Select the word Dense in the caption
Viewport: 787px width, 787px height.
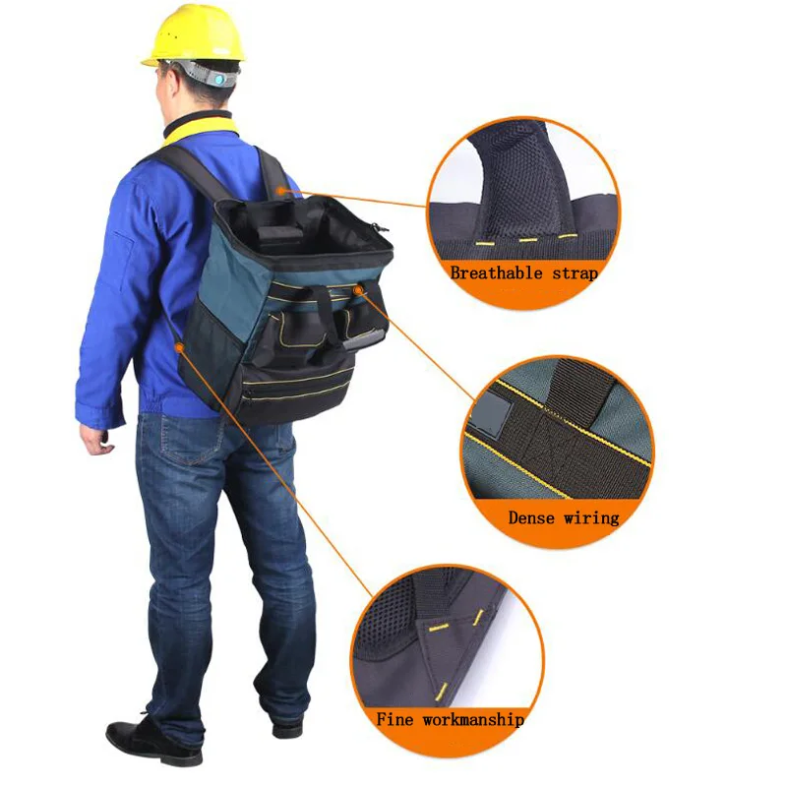532,516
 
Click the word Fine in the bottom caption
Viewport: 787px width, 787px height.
395,719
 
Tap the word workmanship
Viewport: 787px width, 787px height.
472,719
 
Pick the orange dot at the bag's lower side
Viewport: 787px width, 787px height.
178,345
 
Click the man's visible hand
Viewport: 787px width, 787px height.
96,440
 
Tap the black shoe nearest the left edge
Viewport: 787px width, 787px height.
139,740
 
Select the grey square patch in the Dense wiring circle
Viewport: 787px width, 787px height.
488,414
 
